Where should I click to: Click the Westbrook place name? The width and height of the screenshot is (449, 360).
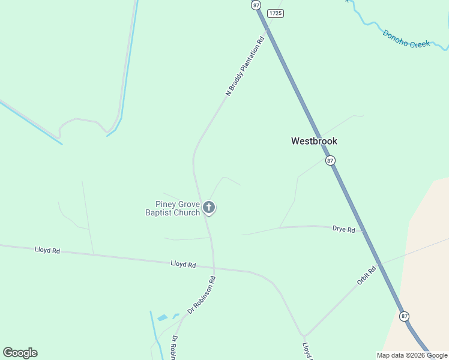[x=314, y=142]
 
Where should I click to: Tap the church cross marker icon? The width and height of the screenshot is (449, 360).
[x=209, y=208]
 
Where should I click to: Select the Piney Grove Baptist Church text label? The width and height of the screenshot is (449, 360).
[x=173, y=208]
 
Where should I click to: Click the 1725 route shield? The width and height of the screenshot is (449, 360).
[x=275, y=13]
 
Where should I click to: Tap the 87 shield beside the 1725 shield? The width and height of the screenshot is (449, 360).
[x=256, y=5]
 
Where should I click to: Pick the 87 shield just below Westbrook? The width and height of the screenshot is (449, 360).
[x=330, y=161]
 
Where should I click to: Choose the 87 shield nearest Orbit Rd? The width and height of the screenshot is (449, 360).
[x=405, y=316]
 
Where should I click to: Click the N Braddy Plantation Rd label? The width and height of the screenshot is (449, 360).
[x=245, y=67]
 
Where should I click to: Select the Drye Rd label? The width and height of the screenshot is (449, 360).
[x=343, y=229]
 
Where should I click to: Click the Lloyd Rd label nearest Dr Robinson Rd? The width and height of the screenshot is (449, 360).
[x=183, y=264]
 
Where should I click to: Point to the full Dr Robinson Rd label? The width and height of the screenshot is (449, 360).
[x=201, y=295]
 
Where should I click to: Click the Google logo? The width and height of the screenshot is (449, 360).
[x=20, y=353]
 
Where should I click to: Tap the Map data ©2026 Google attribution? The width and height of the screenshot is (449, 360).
[x=412, y=355]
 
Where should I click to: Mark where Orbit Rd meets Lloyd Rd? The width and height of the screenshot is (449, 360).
[x=304, y=336]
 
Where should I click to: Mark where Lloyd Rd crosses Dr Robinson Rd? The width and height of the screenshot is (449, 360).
[x=214, y=268]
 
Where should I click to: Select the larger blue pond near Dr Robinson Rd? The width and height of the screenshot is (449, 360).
[x=163, y=317]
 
